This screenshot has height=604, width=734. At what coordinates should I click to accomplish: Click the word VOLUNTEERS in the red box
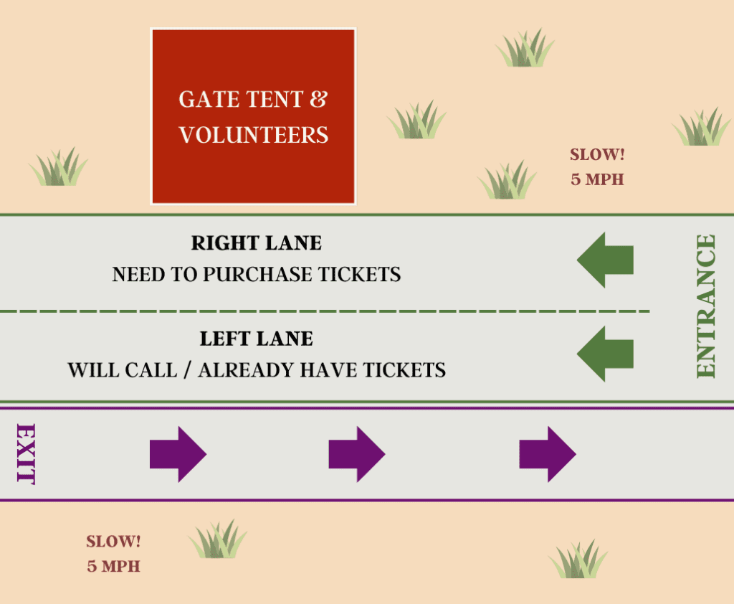[x=253, y=135]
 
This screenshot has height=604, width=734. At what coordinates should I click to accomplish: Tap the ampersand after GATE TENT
[x=318, y=99]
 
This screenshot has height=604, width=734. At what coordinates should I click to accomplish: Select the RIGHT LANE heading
[x=257, y=242]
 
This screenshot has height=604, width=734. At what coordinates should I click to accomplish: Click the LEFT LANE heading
[x=257, y=339]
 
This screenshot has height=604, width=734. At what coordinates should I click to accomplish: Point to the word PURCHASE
[x=257, y=275]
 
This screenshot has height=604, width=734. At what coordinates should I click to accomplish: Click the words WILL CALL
[x=123, y=370]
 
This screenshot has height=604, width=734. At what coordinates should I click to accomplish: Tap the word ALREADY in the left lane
[x=247, y=370]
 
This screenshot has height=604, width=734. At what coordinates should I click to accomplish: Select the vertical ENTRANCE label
[x=706, y=306]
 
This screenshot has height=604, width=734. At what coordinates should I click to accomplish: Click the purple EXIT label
[x=26, y=453]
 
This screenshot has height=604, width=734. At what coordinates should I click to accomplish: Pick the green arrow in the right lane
[x=605, y=260]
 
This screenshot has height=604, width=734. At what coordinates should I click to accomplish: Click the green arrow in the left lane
[x=605, y=354]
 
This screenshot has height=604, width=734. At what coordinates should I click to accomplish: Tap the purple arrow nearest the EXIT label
[x=178, y=454]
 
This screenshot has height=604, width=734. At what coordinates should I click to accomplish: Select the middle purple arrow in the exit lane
[x=357, y=454]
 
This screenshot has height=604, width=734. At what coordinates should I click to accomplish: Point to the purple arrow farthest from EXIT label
[x=548, y=454]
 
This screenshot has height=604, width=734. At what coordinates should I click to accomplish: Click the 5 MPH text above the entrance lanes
[x=597, y=179]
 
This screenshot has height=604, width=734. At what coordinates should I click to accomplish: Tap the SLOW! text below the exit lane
[x=113, y=542]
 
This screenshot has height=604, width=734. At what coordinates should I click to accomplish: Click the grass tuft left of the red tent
[x=59, y=167]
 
